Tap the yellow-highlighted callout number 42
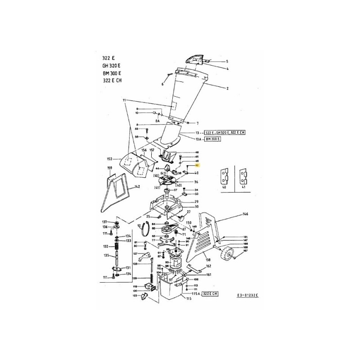click(x=197, y=166)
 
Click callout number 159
click(x=109, y=168)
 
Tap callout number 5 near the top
click(x=227, y=61)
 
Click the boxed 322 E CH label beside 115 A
click(x=209, y=293)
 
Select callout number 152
click(x=109, y=159)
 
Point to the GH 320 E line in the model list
click(x=112, y=65)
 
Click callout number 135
click(x=107, y=256)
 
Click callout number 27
click(x=189, y=211)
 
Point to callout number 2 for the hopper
click(x=228, y=89)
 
